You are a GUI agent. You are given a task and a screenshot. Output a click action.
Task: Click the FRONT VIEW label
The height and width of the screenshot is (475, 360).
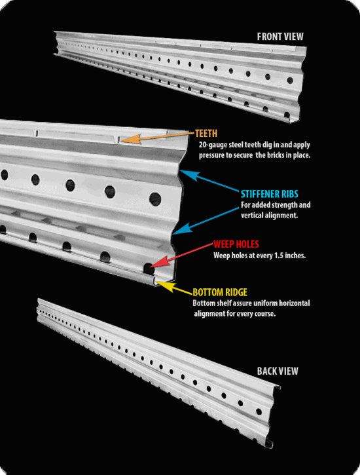coord(280,37)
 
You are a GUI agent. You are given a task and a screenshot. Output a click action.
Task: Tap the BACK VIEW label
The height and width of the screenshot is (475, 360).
coord(278,371)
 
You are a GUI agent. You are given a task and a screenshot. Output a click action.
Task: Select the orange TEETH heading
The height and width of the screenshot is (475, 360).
coord(206,133)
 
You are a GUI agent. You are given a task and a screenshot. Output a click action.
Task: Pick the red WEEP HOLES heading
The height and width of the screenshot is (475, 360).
coord(236,244)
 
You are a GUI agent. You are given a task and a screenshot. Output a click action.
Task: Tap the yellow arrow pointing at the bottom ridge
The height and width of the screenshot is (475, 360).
coord(173,286)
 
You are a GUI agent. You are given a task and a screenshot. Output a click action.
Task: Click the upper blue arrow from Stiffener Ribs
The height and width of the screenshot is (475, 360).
coord(209,183)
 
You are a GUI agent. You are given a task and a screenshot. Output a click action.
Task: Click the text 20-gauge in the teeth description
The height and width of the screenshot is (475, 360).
coord(213,145)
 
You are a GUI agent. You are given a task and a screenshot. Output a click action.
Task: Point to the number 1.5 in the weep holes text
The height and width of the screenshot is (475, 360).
coord(282,256)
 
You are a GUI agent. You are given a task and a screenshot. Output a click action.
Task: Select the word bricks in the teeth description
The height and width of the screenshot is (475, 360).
coord(276,156)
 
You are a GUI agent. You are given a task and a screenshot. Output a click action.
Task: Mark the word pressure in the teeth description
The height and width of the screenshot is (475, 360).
coord(211,156)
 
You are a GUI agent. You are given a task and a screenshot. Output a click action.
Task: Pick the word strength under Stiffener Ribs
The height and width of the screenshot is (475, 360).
coord(285,205)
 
